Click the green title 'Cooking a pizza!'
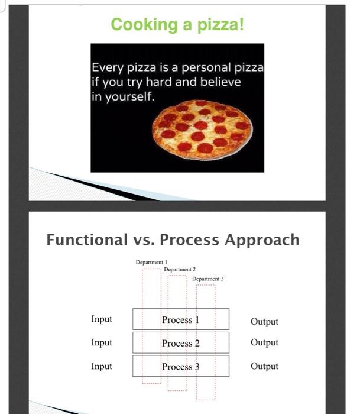177,25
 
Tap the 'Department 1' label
151,262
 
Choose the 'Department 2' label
180,270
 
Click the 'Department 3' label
208,279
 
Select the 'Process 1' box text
180,320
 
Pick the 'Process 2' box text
180,343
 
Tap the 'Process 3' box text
180,367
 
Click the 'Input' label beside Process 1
102,319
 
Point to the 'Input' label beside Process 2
102,342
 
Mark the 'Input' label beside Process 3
102,366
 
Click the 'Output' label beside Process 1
264,322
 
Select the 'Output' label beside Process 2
264,342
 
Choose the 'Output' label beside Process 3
264,366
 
